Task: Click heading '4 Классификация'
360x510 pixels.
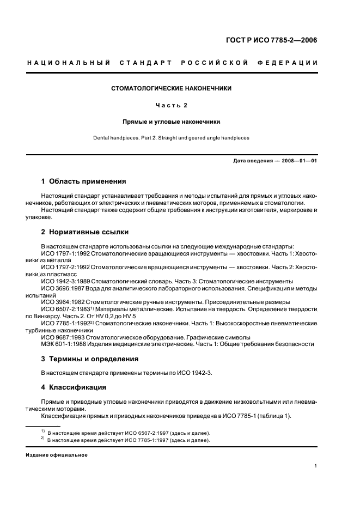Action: coord(75,387)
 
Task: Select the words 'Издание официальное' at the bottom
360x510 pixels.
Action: coord(57,455)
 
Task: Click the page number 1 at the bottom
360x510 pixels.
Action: coord(316,466)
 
